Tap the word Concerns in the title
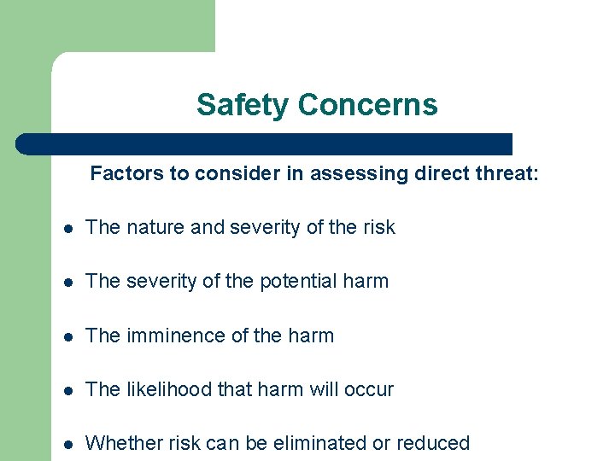tap(367, 105)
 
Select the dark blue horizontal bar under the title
tap(265, 143)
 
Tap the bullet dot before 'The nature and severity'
tap(67, 228)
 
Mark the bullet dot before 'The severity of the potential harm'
tap(67, 283)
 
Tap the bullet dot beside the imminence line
tap(67, 337)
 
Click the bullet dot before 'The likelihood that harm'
tap(67, 391)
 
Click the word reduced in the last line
tap(435, 443)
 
